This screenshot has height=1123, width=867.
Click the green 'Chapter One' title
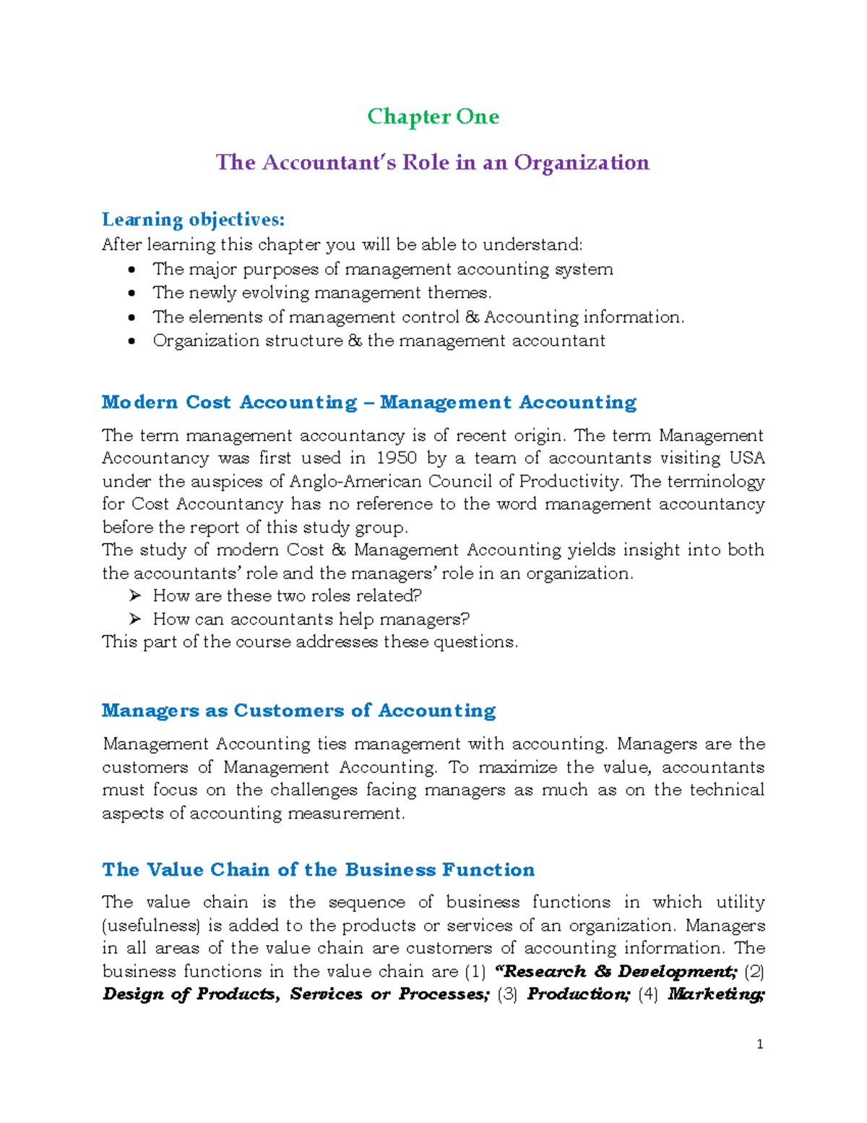[x=433, y=116]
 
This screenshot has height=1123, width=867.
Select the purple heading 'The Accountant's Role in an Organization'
[x=432, y=162]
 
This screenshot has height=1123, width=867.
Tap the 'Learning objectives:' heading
[x=193, y=219]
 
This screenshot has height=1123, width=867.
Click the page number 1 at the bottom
[x=759, y=1043]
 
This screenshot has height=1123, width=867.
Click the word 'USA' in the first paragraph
[x=747, y=458]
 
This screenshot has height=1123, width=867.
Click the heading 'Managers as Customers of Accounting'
[x=298, y=711]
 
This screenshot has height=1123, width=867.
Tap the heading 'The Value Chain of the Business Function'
[x=318, y=869]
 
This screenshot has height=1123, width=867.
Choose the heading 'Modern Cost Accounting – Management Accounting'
[x=368, y=402]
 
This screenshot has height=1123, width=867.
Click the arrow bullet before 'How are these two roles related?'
[x=134, y=596]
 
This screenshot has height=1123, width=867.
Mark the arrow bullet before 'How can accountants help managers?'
[x=134, y=619]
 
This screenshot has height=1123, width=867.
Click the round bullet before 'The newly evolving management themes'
[x=131, y=294]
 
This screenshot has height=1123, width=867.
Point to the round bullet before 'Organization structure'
[x=131, y=341]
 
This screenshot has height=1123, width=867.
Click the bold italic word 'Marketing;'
[x=716, y=994]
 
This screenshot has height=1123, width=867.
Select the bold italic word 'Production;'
[x=579, y=994]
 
